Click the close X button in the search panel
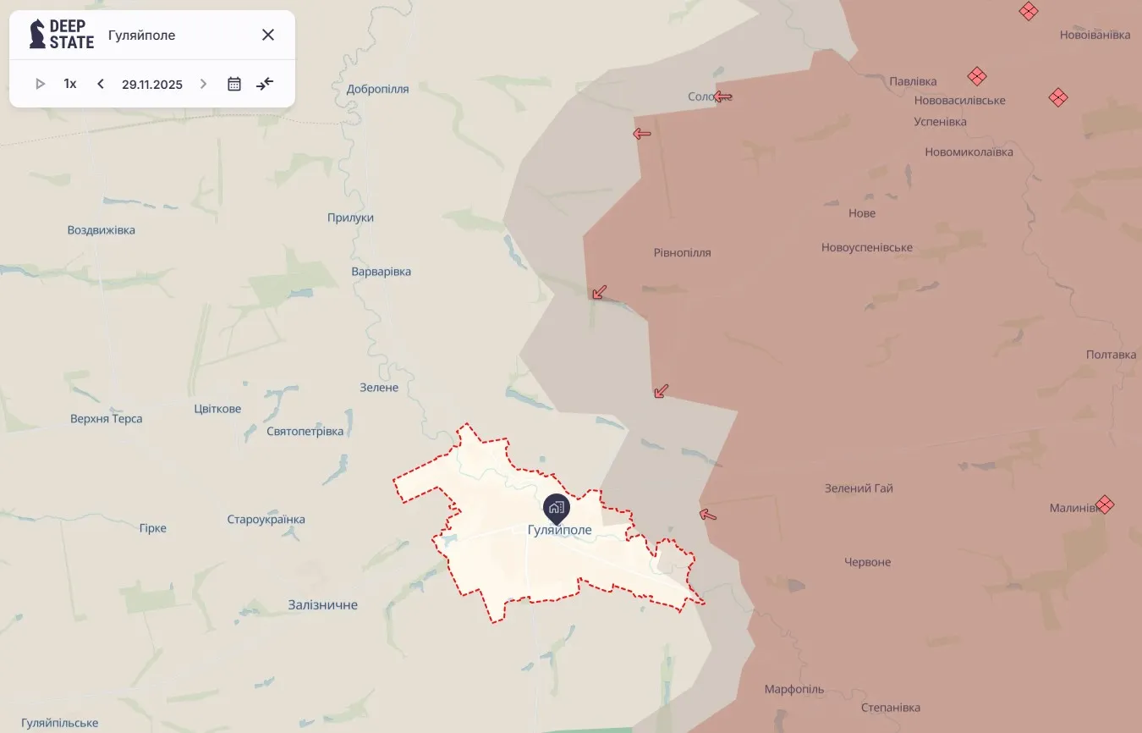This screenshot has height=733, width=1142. click(x=268, y=35)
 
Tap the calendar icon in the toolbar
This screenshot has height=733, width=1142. click(x=234, y=84)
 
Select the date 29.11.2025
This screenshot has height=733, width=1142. click(x=152, y=85)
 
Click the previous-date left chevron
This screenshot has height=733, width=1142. click(x=101, y=84)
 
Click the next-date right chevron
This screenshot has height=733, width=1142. click(x=203, y=84)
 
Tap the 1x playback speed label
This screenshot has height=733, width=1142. click(x=70, y=84)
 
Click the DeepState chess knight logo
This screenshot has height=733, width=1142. click(x=37, y=35)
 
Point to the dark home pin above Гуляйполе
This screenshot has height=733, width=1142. click(x=556, y=508)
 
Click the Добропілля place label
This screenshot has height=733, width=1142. click(x=377, y=89)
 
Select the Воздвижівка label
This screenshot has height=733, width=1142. click(x=102, y=230)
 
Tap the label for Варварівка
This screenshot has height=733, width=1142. click(x=382, y=272)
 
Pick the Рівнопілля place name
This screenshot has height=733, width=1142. click(x=682, y=252)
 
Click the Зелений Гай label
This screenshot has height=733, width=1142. click(x=859, y=488)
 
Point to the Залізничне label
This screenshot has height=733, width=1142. click(x=322, y=604)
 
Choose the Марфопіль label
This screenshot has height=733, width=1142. click(x=793, y=689)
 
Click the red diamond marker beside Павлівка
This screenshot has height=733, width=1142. click(x=977, y=76)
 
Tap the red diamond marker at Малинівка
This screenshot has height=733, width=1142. click(x=1104, y=504)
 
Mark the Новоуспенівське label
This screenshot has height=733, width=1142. click(x=867, y=248)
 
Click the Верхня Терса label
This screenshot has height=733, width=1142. click(x=107, y=419)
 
